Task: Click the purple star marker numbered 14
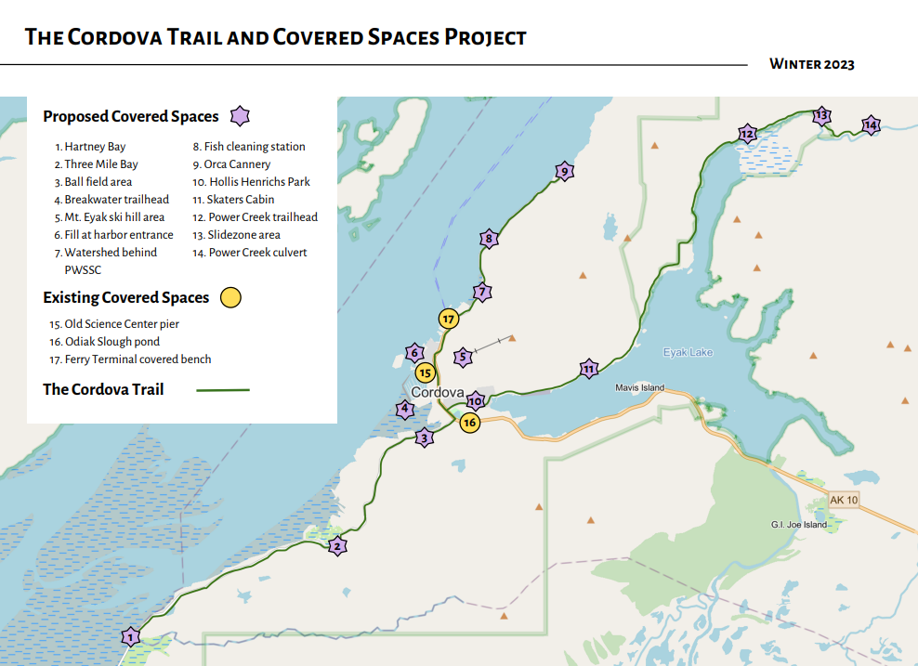coord(870,124)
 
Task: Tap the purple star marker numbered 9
coord(563,171)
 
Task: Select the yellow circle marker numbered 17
coord(449,319)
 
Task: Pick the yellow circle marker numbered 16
coord(469,423)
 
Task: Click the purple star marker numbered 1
coord(131,637)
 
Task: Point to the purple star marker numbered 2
coord(337,546)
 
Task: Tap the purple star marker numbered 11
coord(588,369)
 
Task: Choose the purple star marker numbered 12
coord(747,134)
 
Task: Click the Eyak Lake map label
coord(688,352)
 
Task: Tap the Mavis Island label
coord(640,387)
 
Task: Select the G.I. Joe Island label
coord(798,524)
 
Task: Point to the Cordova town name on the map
coord(437,393)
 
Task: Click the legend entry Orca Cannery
coord(237,164)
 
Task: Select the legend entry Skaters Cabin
coord(233,200)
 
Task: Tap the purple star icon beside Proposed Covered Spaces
coord(240,117)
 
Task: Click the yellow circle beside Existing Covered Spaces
coord(230,298)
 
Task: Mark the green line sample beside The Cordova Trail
coord(223,390)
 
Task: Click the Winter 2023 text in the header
coord(811,64)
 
